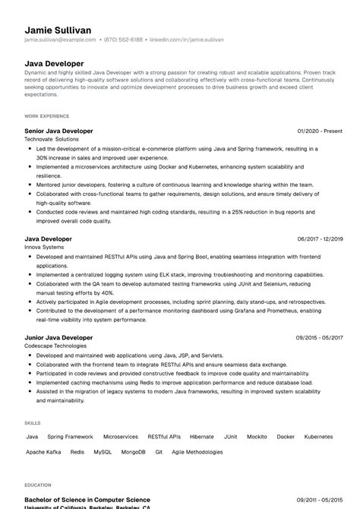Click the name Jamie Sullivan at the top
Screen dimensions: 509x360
(58, 30)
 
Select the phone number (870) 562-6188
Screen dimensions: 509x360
(123, 40)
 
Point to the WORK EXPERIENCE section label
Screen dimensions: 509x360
(46, 116)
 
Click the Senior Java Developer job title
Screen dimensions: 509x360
(58, 131)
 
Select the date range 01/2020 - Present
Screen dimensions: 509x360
(319, 131)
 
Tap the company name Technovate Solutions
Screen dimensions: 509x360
(51, 140)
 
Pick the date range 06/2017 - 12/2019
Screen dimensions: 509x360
(320, 239)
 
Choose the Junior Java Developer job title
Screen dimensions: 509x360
(58, 337)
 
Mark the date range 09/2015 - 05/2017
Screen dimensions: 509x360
(320, 337)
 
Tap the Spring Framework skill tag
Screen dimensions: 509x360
(70, 437)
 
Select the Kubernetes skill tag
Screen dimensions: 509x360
(318, 437)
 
